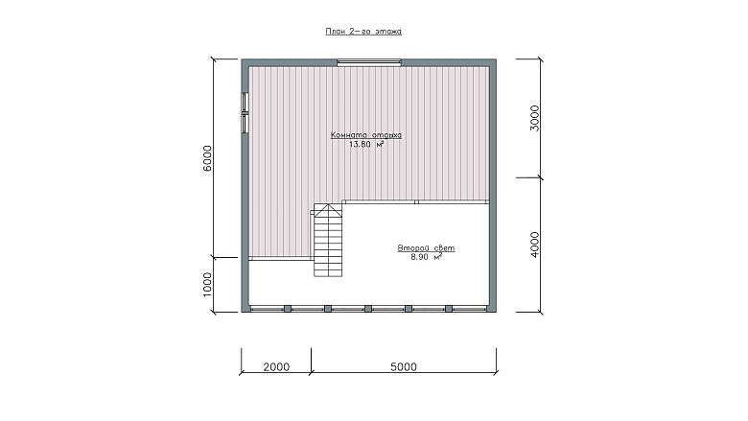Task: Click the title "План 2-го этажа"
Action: (363, 32)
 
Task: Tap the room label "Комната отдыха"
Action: (366, 135)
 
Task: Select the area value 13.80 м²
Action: (366, 145)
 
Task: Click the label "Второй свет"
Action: (426, 248)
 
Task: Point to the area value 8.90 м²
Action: (426, 257)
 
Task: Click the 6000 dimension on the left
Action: (207, 158)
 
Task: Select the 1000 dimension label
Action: (207, 285)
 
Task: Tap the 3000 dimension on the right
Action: (535, 118)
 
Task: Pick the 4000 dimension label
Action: (535, 245)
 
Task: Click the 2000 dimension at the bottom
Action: (276, 366)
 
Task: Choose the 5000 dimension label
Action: (404, 366)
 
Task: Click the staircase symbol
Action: (328, 241)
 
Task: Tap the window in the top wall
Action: (369, 61)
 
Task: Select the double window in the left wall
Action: (245, 112)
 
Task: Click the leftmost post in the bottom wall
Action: (288, 309)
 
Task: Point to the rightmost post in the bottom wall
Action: (449, 309)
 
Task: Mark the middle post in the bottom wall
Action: (368, 309)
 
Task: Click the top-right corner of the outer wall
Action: (496, 59)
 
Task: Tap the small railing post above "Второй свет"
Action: (416, 202)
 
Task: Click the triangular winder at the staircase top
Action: (328, 210)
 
